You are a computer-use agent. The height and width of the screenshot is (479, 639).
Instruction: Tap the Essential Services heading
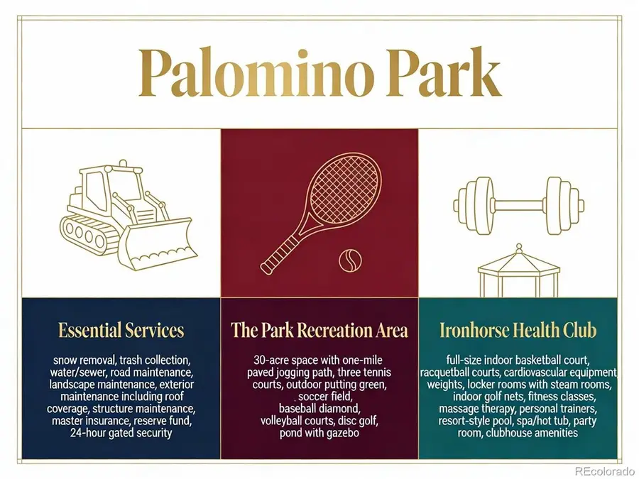point(121,330)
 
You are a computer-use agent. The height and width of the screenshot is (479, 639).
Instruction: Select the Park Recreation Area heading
point(319,330)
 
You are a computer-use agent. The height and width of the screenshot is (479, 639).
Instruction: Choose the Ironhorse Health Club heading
point(518,330)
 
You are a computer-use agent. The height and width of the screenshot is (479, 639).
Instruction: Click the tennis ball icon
point(350,260)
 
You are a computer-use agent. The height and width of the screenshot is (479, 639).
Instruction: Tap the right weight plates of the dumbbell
point(566,206)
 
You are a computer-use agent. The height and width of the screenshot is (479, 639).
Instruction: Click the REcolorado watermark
point(605,471)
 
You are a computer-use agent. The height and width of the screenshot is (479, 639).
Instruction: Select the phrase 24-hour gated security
point(121,433)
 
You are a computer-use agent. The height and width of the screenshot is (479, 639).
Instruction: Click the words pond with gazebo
point(319,433)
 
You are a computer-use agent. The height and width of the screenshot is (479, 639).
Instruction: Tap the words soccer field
point(325,396)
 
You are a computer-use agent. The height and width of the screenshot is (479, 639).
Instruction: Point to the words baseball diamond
point(319,408)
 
